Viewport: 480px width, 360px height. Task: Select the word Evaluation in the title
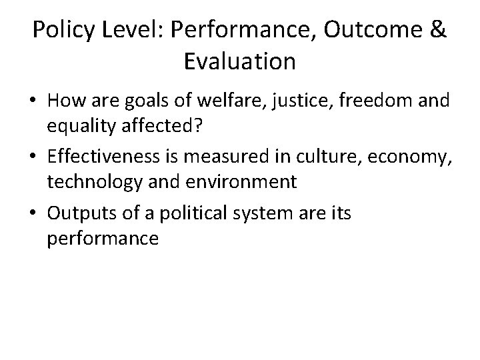[x=239, y=61]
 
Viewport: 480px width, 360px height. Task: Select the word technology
[x=87, y=181]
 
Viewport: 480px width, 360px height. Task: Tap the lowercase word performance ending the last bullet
[x=103, y=237]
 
